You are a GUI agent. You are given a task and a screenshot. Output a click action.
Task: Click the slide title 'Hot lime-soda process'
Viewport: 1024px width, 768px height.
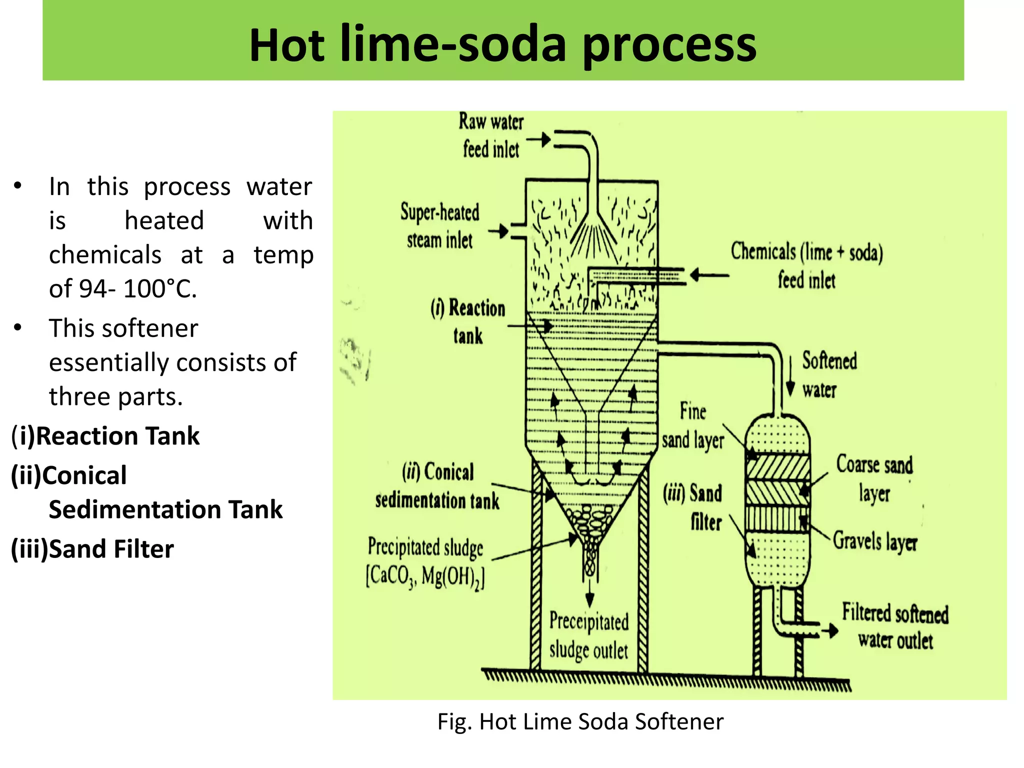[x=502, y=45]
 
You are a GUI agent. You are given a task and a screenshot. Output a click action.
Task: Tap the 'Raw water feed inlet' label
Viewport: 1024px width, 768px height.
[x=491, y=135]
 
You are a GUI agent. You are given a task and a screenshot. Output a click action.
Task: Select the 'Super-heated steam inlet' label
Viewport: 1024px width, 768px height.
[x=439, y=226]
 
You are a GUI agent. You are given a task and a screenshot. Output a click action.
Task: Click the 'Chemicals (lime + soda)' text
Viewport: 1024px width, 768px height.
[x=806, y=252]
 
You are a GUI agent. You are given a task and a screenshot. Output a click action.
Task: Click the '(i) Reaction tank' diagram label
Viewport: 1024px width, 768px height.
[x=468, y=321]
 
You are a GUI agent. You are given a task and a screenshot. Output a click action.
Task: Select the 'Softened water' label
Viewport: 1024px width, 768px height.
[x=829, y=374]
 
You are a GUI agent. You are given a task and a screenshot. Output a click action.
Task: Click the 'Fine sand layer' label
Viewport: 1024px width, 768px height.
[x=693, y=426]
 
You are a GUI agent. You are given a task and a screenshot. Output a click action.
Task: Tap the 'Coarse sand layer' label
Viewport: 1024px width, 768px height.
[x=874, y=478]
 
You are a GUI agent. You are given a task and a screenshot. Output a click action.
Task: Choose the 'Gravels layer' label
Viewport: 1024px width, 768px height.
[x=875, y=541]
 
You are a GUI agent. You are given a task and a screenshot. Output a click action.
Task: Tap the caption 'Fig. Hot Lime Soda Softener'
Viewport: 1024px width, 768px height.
[x=580, y=721]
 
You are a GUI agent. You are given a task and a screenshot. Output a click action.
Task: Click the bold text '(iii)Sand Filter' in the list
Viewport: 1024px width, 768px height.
[x=92, y=549]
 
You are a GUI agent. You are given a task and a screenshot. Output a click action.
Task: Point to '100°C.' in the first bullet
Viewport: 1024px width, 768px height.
[x=160, y=289]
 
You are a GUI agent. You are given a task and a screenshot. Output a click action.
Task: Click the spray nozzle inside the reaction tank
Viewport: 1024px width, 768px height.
[x=593, y=235]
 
